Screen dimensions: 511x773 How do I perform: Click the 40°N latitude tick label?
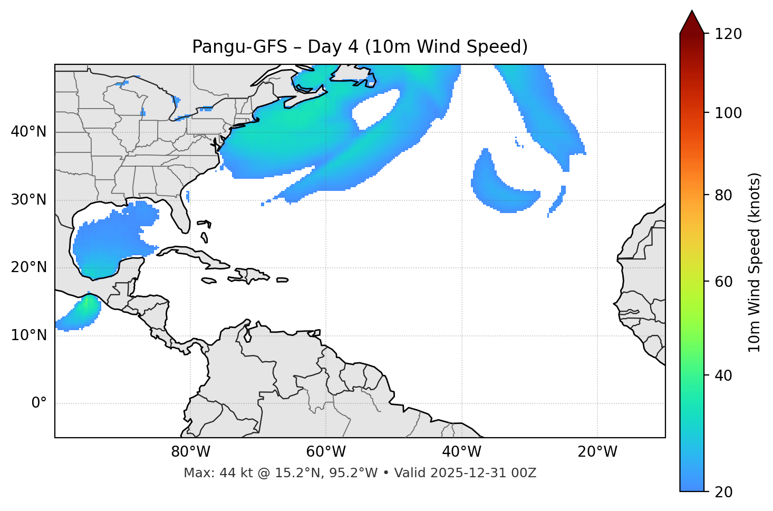28,132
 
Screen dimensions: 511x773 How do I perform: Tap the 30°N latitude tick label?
28,200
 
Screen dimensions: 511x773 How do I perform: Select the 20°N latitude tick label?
28,267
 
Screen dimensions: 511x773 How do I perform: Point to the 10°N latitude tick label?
28,335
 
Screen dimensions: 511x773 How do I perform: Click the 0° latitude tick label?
39,403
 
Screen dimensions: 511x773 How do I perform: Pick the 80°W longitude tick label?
190,452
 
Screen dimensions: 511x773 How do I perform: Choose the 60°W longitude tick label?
326,452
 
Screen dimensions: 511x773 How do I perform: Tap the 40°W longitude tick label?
461,452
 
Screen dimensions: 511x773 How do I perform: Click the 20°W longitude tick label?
597,452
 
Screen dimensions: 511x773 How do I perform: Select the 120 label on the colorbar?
728,34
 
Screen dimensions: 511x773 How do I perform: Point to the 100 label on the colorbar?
728,113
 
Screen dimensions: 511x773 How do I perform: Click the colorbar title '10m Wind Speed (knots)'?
755,263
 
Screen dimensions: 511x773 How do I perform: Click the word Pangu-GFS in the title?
239,47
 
